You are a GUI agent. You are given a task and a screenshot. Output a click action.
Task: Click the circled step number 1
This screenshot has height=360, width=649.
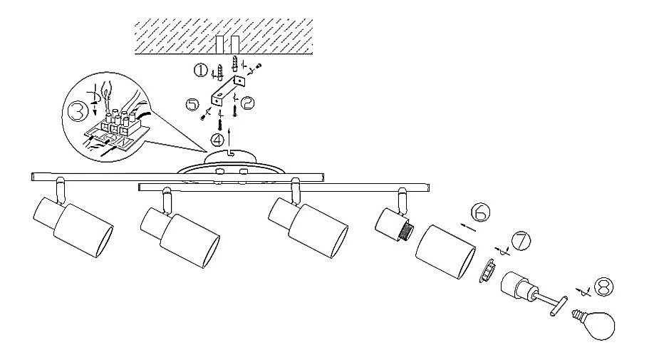click(x=202, y=70)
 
